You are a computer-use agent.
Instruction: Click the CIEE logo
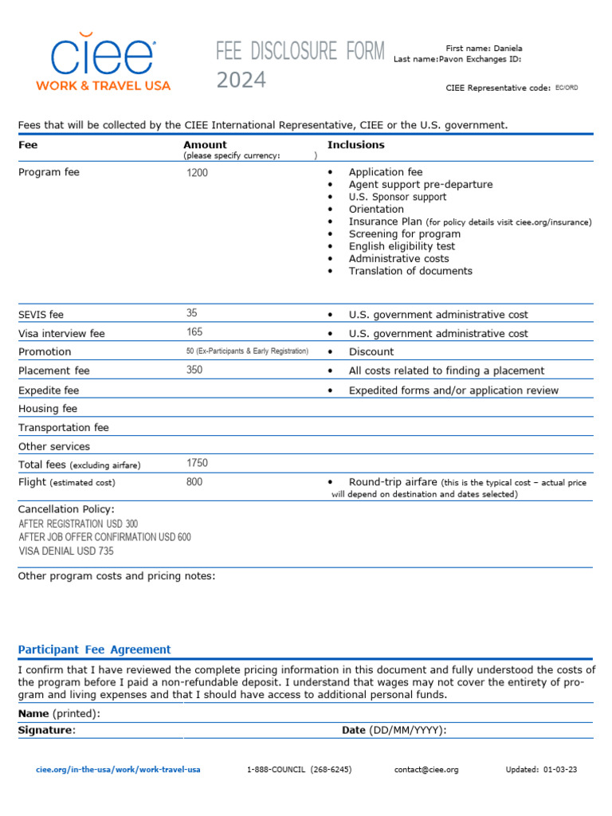click(x=104, y=62)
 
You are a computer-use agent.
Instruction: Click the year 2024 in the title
click(x=241, y=80)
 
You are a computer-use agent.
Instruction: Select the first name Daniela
click(x=507, y=49)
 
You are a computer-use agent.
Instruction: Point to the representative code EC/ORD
click(x=567, y=88)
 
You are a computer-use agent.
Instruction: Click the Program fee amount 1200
click(x=197, y=173)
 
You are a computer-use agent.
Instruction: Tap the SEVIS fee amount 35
click(x=192, y=313)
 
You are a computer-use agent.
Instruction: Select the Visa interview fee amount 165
click(x=194, y=332)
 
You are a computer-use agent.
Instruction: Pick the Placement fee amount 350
click(x=194, y=370)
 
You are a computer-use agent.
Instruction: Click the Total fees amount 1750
click(x=197, y=463)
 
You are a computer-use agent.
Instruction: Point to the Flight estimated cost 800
click(x=194, y=482)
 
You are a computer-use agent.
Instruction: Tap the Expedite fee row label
click(x=49, y=390)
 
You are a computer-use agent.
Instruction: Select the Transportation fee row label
click(x=64, y=428)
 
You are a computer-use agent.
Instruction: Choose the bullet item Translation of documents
click(x=410, y=271)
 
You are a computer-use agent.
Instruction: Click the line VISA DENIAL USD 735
click(x=66, y=551)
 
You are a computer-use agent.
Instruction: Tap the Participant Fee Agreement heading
click(x=94, y=649)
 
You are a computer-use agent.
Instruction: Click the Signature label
click(x=46, y=730)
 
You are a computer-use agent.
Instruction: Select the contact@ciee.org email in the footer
click(x=426, y=770)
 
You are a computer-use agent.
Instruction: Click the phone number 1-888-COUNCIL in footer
click(x=299, y=770)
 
